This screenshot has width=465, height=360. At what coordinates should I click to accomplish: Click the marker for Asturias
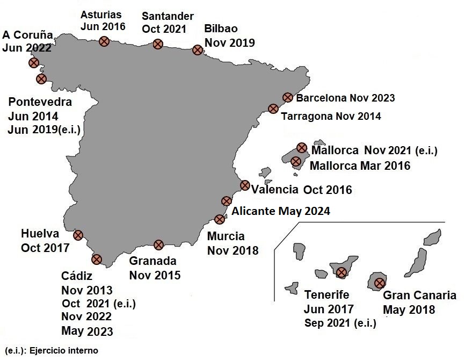pyautogui.click(x=105, y=41)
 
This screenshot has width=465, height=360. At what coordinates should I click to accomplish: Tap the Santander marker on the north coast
pyautogui.click(x=158, y=44)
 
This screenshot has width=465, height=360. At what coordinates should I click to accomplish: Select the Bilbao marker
pyautogui.click(x=197, y=51)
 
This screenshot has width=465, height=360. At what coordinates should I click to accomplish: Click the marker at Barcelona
pyautogui.click(x=287, y=97)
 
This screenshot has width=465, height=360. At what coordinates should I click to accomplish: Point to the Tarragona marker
pyautogui.click(x=273, y=109)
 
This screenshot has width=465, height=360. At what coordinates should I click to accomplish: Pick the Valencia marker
pyautogui.click(x=245, y=185)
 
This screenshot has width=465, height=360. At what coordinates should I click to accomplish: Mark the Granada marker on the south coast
pyautogui.click(x=158, y=245)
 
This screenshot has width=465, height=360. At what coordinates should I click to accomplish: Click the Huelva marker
pyautogui.click(x=78, y=235)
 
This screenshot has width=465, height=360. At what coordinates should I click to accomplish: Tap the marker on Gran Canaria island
pyautogui.click(x=380, y=283)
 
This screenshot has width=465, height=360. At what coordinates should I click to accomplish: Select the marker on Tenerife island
pyautogui.click(x=341, y=272)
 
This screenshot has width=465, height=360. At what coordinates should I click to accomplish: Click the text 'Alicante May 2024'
pyautogui.click(x=281, y=211)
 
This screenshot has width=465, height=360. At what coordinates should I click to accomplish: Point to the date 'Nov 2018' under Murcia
pyautogui.click(x=233, y=250)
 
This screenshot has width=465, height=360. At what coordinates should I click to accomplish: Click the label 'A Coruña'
pyautogui.click(x=28, y=35)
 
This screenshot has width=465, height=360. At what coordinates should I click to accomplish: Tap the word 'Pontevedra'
pyautogui.click(x=40, y=102)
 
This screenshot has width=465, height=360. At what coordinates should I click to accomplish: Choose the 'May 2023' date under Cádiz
pyautogui.click(x=87, y=330)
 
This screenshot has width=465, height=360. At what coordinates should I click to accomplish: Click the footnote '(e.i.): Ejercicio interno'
pyautogui.click(x=52, y=350)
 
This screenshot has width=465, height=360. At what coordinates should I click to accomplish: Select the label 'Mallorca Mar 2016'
pyautogui.click(x=360, y=165)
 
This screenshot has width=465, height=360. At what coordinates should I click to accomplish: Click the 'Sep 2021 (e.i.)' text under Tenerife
pyautogui.click(x=340, y=323)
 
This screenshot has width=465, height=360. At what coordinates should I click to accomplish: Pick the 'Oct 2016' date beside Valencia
pyautogui.click(x=328, y=190)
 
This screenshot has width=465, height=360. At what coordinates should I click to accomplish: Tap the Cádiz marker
pyautogui.click(x=97, y=259)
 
